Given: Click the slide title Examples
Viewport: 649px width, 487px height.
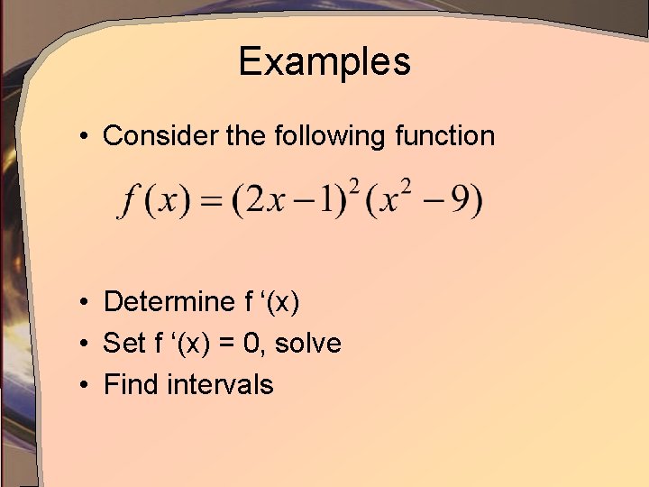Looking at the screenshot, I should [324, 61].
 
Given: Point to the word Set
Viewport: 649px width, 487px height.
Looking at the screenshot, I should [123, 343].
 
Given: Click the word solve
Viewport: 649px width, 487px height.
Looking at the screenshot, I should [309, 343].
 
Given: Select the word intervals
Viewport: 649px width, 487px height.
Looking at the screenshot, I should [220, 384].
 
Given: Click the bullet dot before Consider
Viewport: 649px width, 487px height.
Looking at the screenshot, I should [82, 137].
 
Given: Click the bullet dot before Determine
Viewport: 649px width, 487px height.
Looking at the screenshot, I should [82, 302].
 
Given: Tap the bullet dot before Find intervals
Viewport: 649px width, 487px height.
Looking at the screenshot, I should [82, 385].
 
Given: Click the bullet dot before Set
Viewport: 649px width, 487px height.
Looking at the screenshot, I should [82, 344].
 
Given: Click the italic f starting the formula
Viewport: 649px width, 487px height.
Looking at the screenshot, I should [131, 201].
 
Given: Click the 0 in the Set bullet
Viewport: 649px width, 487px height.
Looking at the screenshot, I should [256, 343].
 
